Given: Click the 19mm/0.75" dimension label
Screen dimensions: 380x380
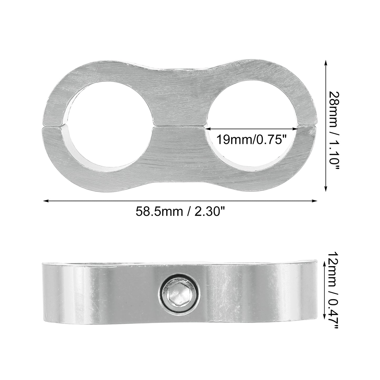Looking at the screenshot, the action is [x=251, y=140].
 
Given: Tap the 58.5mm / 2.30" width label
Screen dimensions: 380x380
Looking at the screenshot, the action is [x=180, y=212].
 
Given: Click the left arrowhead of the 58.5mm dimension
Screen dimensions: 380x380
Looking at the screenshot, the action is [x=46, y=201].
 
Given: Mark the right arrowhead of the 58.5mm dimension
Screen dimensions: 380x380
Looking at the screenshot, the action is [x=314, y=201].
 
